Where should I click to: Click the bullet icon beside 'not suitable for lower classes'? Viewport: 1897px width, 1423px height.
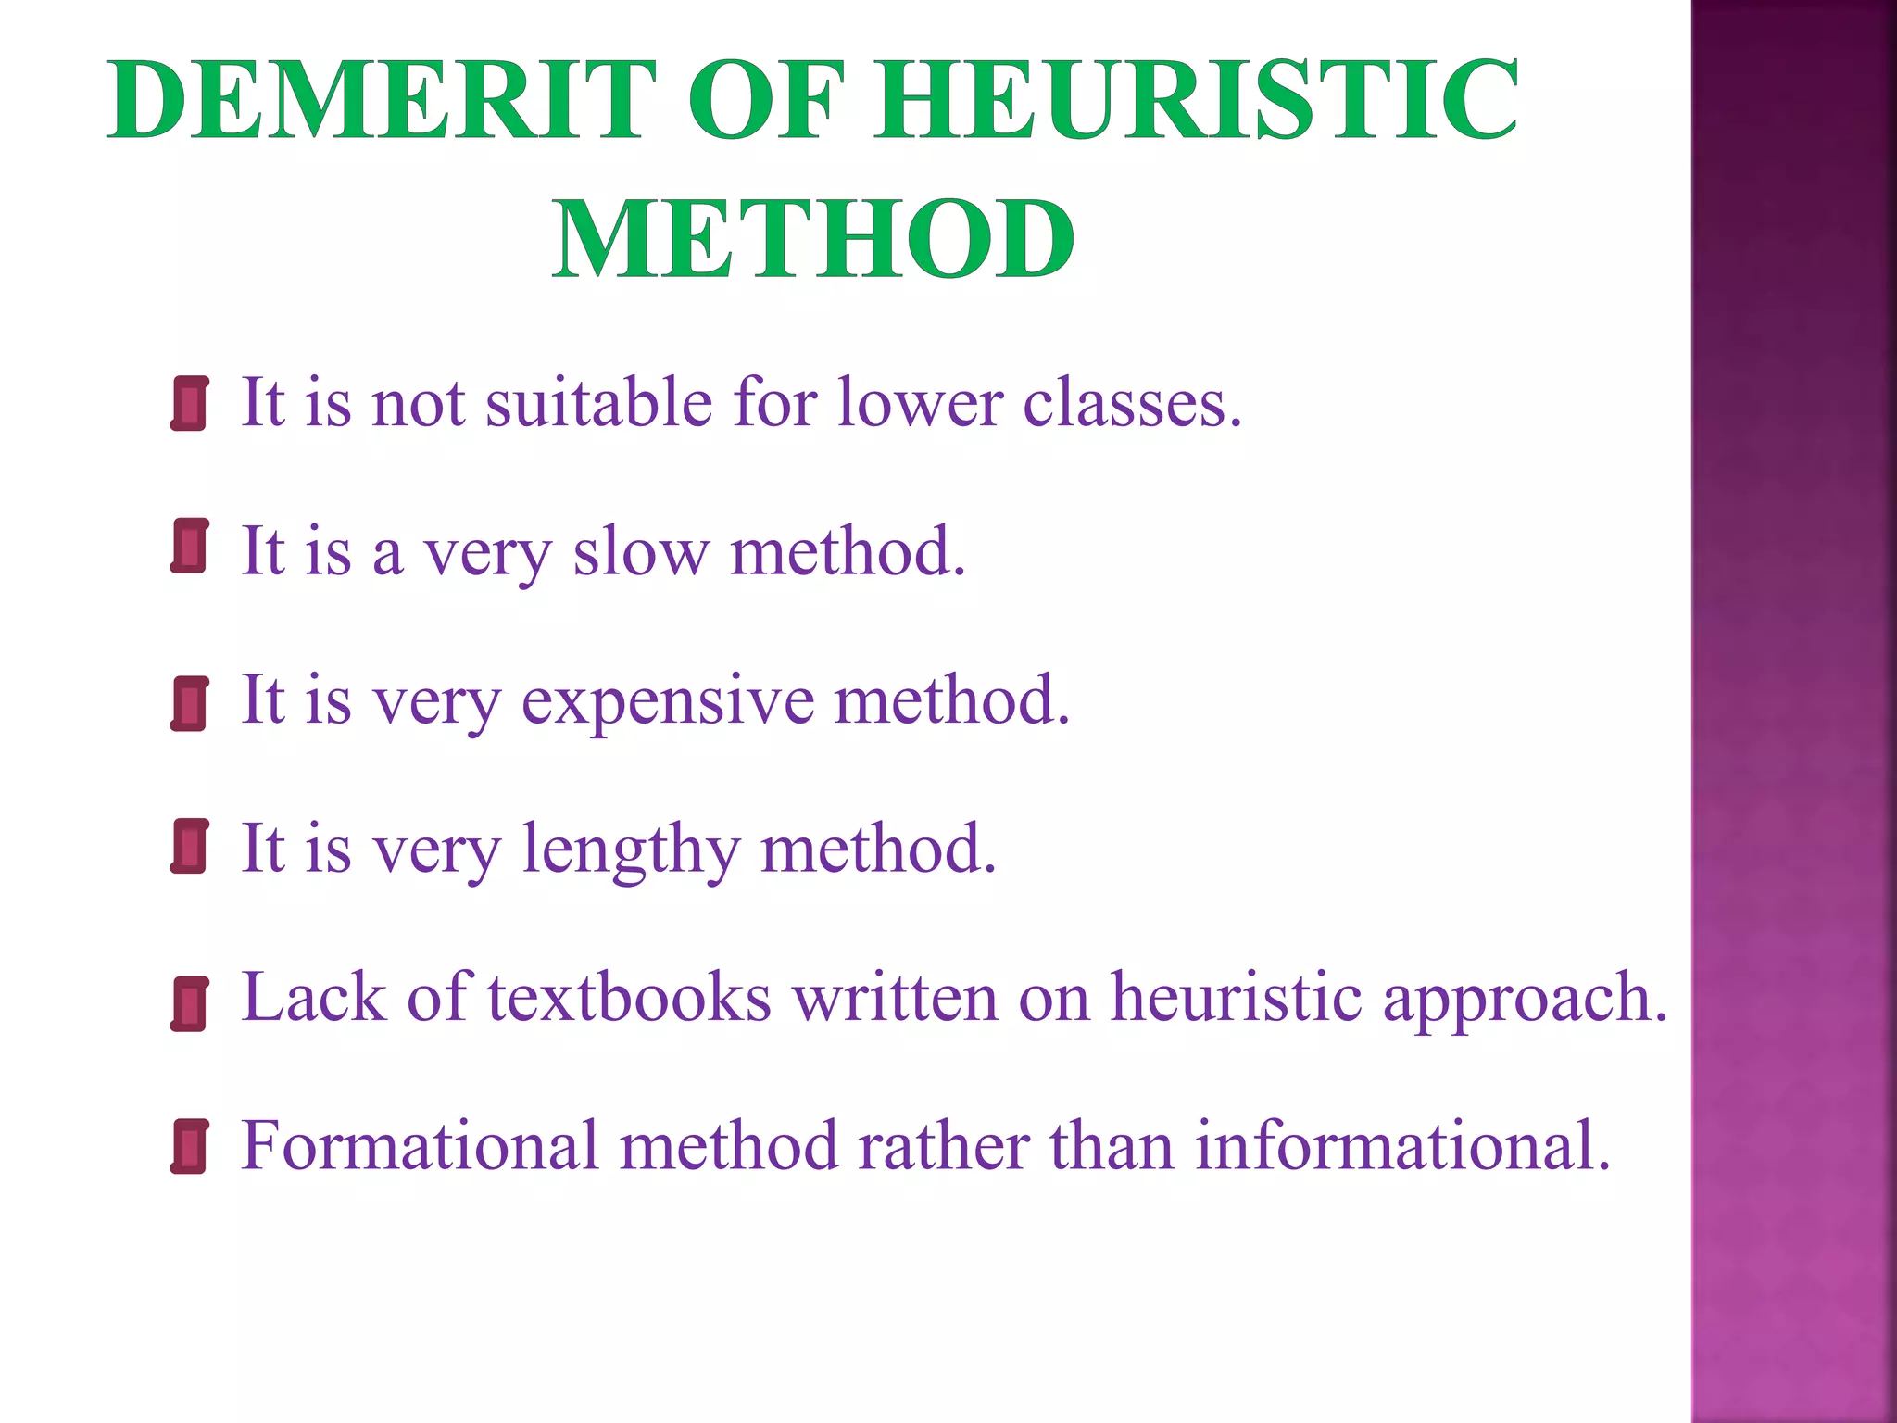(189, 404)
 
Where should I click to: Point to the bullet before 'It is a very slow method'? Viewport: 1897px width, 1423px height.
(189, 547)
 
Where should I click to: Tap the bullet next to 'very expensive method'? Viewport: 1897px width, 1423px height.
(189, 703)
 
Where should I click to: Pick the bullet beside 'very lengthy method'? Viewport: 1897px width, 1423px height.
(189, 846)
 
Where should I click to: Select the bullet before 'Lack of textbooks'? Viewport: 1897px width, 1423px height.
(189, 1003)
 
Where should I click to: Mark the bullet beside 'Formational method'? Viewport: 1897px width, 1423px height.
(189, 1146)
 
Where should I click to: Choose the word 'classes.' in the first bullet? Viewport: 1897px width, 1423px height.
(1132, 404)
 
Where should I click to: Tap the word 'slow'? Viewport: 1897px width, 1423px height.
(640, 553)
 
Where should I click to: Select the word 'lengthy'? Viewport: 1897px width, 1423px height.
(631, 850)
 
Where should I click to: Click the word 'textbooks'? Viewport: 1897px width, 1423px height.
(629, 999)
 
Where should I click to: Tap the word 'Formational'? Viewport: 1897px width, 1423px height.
(421, 1147)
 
